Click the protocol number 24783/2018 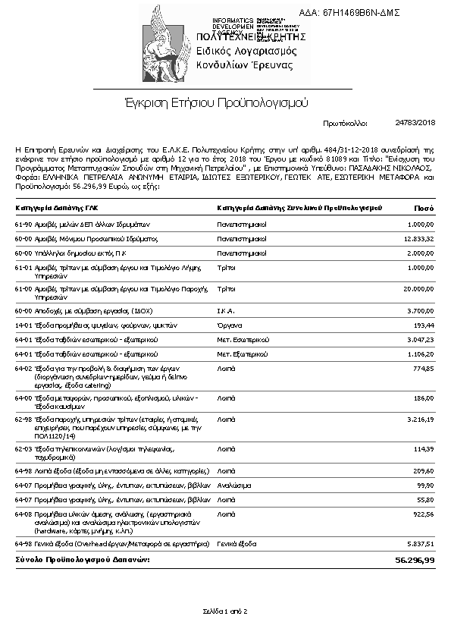(x=415, y=122)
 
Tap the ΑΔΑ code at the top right (x=360, y=14)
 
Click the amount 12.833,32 (x=418, y=238)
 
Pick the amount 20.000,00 (x=418, y=289)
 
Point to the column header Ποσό (x=424, y=207)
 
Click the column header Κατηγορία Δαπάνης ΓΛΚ (x=57, y=207)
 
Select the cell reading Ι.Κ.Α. (x=227, y=311)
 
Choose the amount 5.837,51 (x=420, y=543)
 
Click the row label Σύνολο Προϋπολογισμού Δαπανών (x=83, y=559)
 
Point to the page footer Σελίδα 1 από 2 (x=225, y=611)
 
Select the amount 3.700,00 (x=420, y=311)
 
